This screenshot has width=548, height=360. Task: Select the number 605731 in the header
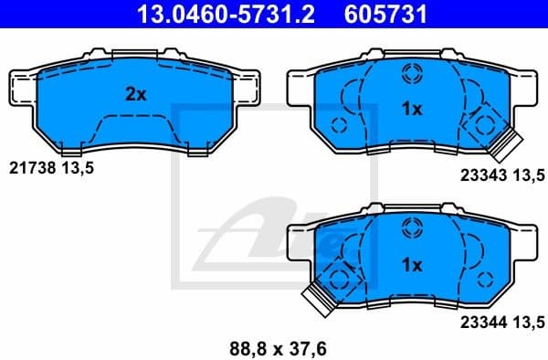(x=385, y=14)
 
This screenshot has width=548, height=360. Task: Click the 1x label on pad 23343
(x=411, y=110)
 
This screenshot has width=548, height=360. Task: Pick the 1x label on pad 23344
(x=411, y=265)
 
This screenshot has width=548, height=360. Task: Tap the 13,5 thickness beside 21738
(x=78, y=169)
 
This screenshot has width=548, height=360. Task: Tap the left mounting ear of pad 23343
(x=300, y=89)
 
